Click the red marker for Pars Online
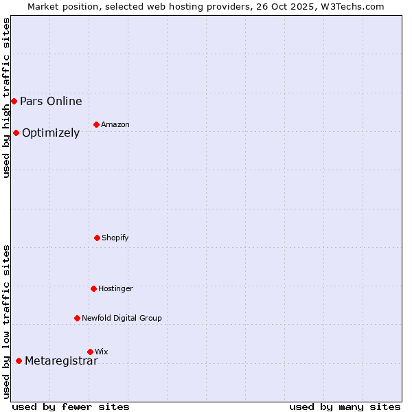tap(14, 101)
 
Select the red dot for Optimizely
tap(16, 133)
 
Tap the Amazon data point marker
tap(96, 124)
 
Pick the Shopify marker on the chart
tap(97, 238)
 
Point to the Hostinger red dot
tap(93, 288)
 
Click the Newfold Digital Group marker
tap(77, 318)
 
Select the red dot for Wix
tap(90, 352)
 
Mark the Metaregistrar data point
tap(19, 360)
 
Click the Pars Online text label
tap(51, 102)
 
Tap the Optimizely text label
tap(51, 133)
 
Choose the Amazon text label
tap(115, 125)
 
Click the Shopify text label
tap(115, 238)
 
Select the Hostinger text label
tap(115, 289)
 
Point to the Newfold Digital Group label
tap(122, 319)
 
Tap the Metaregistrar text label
tap(61, 361)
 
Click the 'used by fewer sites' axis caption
tap(71, 407)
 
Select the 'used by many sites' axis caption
tap(345, 407)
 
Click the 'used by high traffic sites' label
tap(6, 98)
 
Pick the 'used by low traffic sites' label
tap(6, 321)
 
